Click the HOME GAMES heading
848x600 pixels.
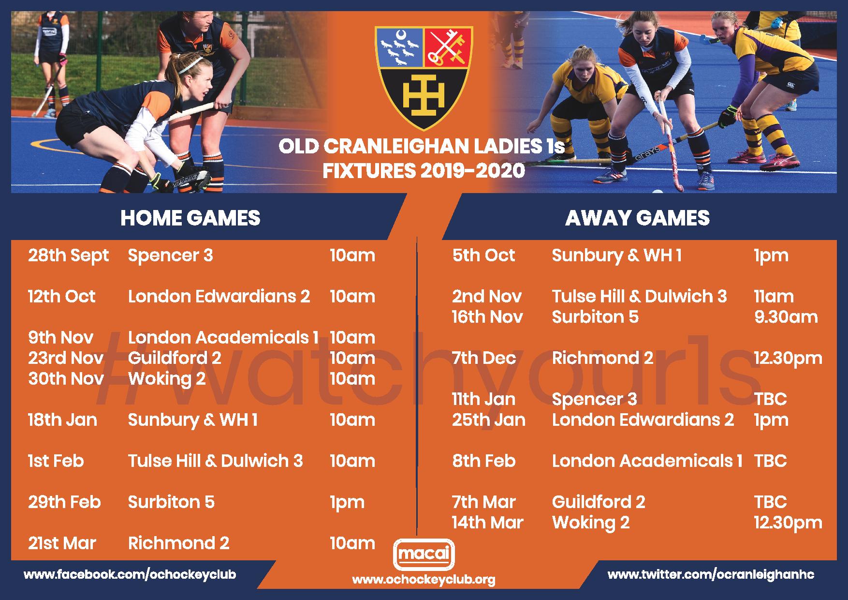click(190, 218)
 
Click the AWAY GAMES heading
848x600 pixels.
click(637, 218)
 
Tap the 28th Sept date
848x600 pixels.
click(68, 255)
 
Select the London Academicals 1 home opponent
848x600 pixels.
click(223, 337)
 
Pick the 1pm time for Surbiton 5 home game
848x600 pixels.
click(347, 503)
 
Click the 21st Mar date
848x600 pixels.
click(62, 543)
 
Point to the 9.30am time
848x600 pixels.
click(786, 317)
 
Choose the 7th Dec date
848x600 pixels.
click(484, 358)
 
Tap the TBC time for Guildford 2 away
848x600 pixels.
click(770, 502)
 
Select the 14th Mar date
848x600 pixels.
click(488, 523)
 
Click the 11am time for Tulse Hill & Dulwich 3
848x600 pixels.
click(774, 296)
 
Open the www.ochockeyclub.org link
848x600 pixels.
click(424, 580)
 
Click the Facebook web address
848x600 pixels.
click(130, 575)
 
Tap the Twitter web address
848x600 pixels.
click(711, 575)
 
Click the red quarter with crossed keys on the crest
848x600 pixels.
click(448, 47)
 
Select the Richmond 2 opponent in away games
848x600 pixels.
click(602, 358)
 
